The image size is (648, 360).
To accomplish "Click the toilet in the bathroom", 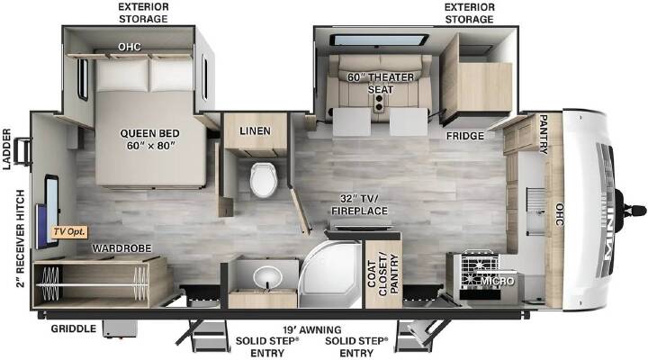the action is tap(263, 180).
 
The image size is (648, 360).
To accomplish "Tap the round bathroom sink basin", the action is tap(267, 276).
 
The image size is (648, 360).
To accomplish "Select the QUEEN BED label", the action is tap(149, 139).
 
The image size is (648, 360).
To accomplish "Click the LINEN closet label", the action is tap(256, 131).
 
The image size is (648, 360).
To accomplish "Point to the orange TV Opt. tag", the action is tap(70, 231).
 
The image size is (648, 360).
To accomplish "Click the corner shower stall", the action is tap(330, 274).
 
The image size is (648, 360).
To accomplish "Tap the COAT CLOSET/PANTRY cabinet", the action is tap(383, 274).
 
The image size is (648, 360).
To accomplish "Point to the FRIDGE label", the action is tap(465, 136).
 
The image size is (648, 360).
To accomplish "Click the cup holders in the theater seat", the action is tap(378, 103).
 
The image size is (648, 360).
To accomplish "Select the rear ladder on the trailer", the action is tap(23, 152).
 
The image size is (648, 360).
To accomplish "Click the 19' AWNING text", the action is tap(312, 329).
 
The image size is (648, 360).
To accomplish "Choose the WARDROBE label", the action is tap(121, 248).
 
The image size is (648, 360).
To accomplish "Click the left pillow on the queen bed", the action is tap(123, 75).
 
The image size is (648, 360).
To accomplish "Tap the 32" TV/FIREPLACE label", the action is tap(359, 204).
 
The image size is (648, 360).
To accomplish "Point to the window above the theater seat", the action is tap(378, 40).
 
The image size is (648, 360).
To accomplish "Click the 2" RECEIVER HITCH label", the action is tap(20, 238).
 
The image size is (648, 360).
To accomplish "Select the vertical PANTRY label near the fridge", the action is tap(544, 134).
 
